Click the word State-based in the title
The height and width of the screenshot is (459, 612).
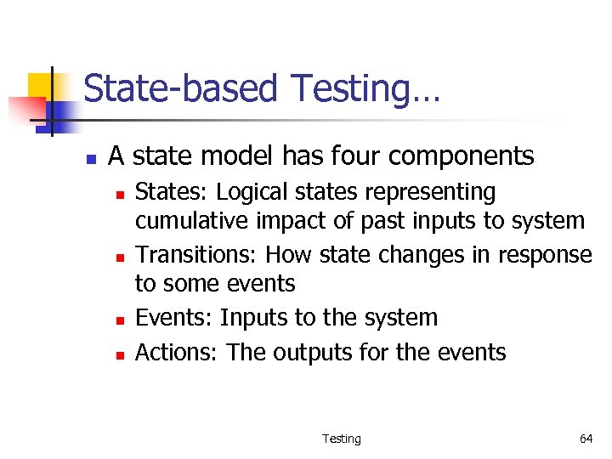[x=181, y=89]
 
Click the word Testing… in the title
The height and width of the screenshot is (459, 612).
[x=365, y=89]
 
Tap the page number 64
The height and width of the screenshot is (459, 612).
[x=586, y=439]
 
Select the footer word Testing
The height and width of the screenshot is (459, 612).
[x=341, y=439]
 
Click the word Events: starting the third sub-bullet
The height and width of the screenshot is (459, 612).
[x=174, y=318]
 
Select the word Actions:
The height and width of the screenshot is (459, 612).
[x=177, y=352]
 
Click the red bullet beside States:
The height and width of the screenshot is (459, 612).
[x=120, y=195]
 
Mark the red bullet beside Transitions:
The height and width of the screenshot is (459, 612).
[x=120, y=257]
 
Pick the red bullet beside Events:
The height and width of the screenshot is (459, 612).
[x=120, y=320]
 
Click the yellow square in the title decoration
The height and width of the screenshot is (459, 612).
[x=41, y=85]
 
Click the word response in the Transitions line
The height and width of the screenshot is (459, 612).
[x=545, y=256]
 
